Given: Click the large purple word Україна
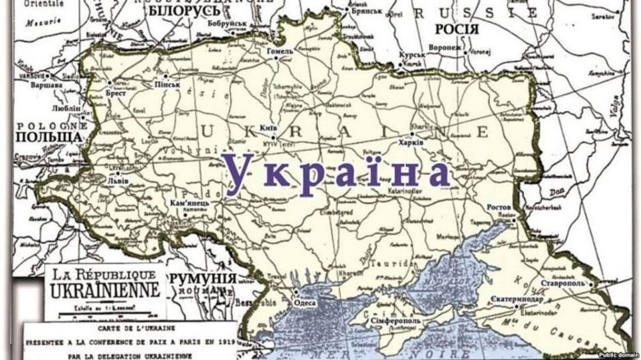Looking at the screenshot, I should pos(338,172).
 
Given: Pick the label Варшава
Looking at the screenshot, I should pos(46,85).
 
